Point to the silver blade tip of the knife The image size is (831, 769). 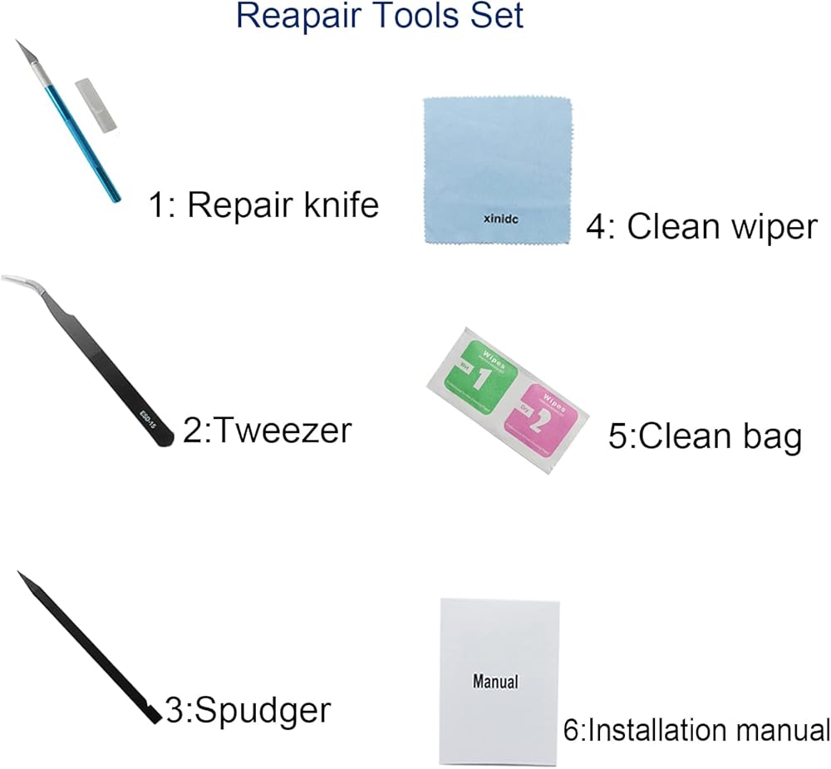click(x=22, y=48)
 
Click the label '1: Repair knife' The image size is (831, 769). click(x=263, y=204)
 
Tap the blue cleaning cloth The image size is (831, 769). click(x=499, y=166)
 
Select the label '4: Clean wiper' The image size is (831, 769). click(x=701, y=225)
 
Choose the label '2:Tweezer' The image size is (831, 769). click(x=267, y=431)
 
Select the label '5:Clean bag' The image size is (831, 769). click(x=705, y=437)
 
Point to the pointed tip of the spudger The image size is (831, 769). click(x=21, y=574)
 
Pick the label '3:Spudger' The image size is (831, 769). click(x=248, y=711)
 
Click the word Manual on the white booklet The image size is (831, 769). click(x=495, y=682)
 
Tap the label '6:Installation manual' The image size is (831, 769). click(x=696, y=731)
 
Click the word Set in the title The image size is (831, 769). click(x=494, y=17)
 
